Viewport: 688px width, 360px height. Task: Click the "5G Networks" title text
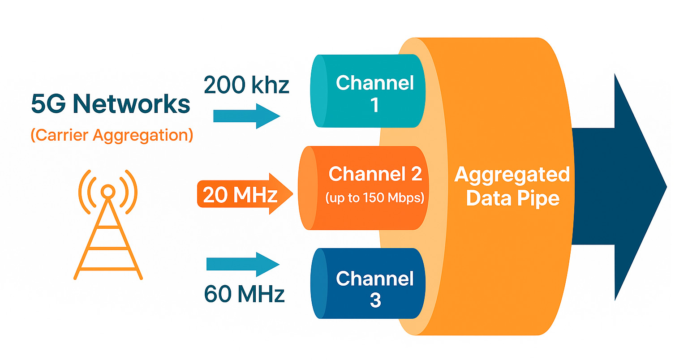[110, 104]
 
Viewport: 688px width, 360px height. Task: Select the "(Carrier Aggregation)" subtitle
[112, 135]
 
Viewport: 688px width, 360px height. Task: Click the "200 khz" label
[246, 85]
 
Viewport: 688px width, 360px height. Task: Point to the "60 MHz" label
[244, 294]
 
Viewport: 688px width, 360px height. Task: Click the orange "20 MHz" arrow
[244, 194]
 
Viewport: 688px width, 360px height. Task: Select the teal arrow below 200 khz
[246, 116]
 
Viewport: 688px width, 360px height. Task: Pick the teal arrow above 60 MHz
[242, 264]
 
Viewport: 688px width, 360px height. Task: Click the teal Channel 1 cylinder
[367, 92]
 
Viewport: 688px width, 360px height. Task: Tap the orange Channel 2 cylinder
[363, 188]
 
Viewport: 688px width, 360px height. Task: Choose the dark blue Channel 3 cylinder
[367, 283]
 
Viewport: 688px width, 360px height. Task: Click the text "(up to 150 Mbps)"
[375, 197]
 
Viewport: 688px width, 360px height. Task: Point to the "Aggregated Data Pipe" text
[512, 186]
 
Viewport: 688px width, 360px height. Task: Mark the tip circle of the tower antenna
[107, 192]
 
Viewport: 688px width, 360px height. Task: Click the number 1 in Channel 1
[374, 105]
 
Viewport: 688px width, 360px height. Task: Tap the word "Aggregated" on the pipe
[512, 174]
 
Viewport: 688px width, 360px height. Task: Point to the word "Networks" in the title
[131, 104]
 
